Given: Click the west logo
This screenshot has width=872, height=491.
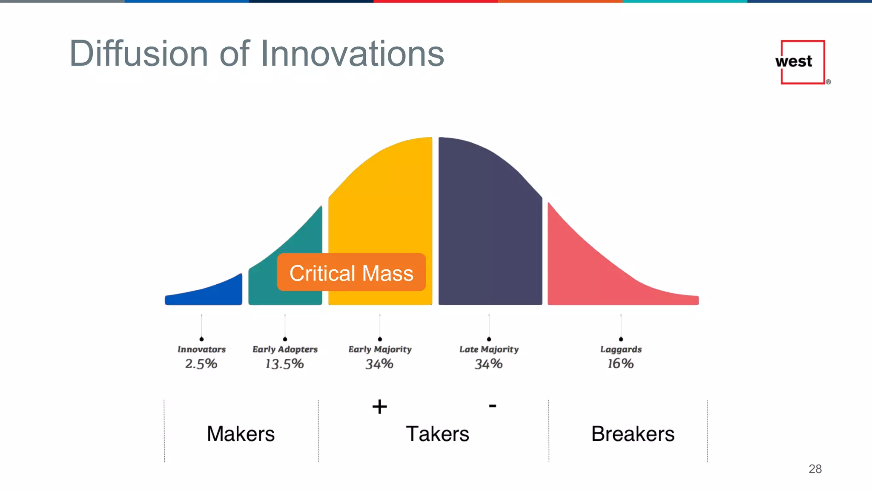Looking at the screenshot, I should click(803, 62).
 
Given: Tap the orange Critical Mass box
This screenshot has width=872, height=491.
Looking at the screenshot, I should click(351, 273).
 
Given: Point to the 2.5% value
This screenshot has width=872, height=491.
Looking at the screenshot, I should click(201, 364).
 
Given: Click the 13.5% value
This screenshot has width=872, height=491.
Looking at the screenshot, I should click(284, 364).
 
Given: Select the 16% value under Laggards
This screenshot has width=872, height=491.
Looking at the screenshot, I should click(620, 364).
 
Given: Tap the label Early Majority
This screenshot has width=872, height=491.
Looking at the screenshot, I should click(380, 349).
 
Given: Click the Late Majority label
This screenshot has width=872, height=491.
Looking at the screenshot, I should click(489, 349).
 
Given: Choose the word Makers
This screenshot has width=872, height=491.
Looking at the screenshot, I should click(241, 434).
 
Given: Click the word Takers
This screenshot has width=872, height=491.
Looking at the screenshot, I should click(437, 434).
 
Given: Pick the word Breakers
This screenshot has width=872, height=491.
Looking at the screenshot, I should click(633, 434).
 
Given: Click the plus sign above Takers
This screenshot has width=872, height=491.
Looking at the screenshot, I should click(379, 407).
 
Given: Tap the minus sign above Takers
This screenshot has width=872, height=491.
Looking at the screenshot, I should click(493, 406).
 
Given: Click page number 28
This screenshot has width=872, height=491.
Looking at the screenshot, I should click(815, 469).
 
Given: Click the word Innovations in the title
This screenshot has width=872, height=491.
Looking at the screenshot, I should click(352, 54).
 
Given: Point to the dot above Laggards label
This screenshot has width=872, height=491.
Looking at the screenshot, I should click(621, 339).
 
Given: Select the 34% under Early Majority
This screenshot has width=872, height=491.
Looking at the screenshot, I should click(379, 364).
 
